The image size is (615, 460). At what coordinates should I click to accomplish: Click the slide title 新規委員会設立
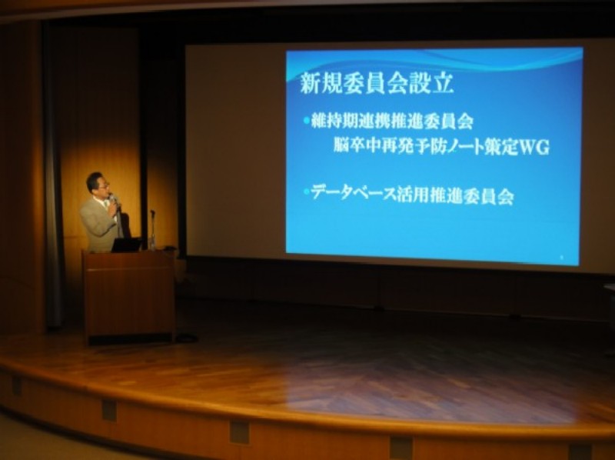tap(377, 84)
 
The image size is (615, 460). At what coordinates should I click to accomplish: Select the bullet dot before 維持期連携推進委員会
tap(306, 121)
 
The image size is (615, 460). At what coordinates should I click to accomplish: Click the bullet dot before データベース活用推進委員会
tap(306, 192)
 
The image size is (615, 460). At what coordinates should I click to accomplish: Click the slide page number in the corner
tap(561, 258)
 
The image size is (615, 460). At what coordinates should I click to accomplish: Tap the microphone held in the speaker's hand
tap(113, 200)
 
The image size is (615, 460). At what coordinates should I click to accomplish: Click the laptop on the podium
tap(127, 244)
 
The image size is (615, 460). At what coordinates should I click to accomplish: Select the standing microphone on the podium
tap(152, 228)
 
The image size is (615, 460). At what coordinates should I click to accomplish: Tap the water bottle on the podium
tap(152, 241)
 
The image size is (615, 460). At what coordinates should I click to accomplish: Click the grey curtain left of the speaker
tap(54, 177)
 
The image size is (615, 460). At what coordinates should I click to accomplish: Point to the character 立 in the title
tap(444, 85)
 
